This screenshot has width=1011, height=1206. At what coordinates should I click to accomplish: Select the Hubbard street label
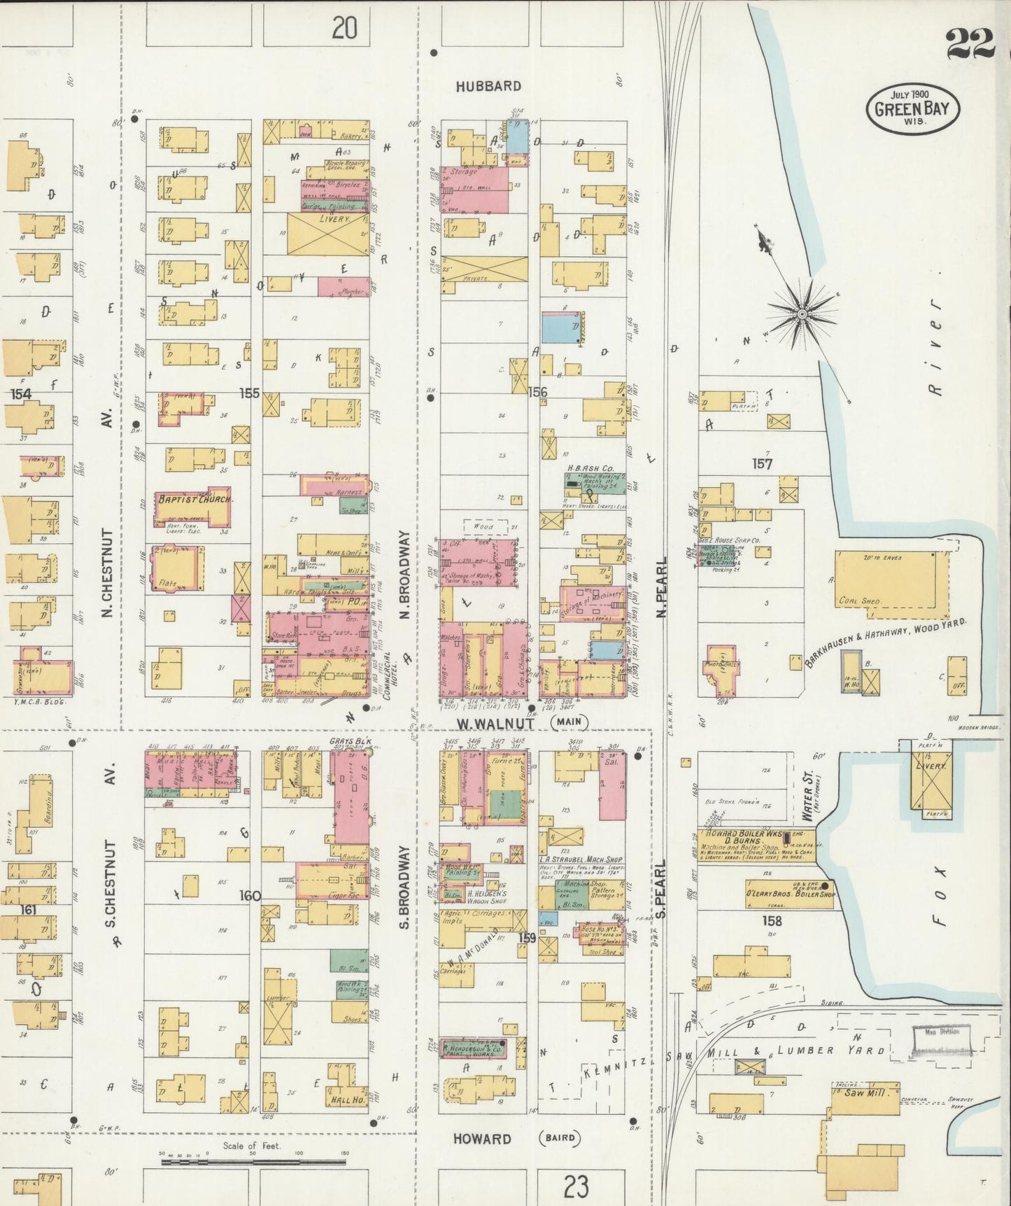point(488,86)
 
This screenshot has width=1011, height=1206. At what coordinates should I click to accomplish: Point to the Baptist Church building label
point(192,499)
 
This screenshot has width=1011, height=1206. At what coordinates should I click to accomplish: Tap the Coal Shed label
point(859,601)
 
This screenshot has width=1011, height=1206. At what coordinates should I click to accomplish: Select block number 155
point(250,393)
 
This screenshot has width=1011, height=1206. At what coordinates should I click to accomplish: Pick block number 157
point(762,463)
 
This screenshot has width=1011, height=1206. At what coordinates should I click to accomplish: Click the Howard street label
point(481,1139)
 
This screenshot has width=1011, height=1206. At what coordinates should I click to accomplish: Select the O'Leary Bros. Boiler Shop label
point(789,895)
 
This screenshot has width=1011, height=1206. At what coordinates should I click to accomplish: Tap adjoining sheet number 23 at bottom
point(575,1186)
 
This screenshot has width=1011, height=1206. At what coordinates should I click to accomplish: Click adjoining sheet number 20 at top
point(344,28)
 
